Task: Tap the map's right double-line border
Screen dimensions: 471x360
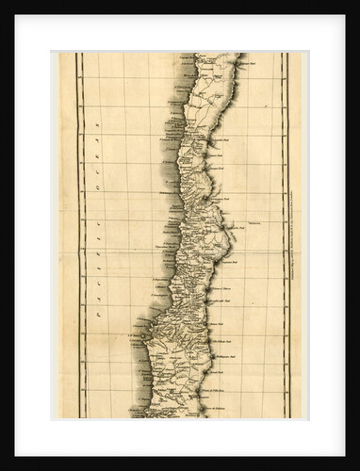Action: (x=286, y=235)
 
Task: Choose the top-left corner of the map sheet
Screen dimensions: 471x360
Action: (x=60, y=53)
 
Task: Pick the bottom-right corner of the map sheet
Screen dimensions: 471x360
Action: (x=302, y=418)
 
